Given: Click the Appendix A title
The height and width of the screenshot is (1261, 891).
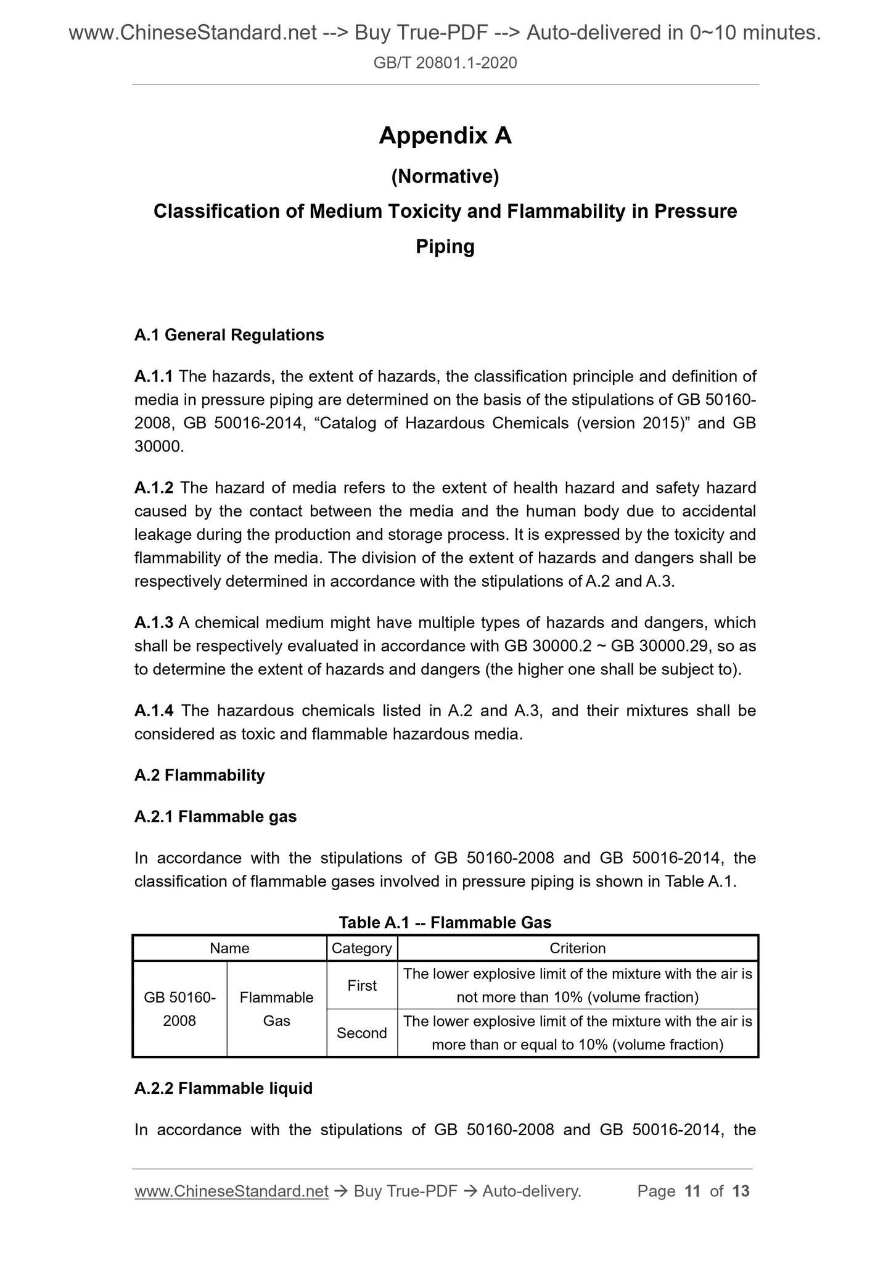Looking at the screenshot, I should pyautogui.click(x=445, y=135).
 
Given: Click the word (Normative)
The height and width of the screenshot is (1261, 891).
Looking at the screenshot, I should pyautogui.click(x=445, y=177).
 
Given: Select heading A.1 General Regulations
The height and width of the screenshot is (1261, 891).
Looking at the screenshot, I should pyautogui.click(x=229, y=335).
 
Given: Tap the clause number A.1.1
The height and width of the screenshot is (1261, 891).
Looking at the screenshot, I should pyautogui.click(x=154, y=376).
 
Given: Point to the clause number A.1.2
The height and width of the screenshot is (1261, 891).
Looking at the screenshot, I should pyautogui.click(x=154, y=488).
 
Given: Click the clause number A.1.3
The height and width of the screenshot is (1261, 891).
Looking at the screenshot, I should pyautogui.click(x=154, y=623).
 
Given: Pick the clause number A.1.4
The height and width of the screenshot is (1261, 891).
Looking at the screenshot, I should pyautogui.click(x=154, y=711).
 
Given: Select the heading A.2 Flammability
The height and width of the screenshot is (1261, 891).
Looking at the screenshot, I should pyautogui.click(x=199, y=775).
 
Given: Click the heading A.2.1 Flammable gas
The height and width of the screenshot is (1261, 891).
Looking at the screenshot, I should pyautogui.click(x=215, y=817).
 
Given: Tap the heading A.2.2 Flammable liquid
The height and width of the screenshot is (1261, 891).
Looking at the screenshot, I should pyautogui.click(x=223, y=1088).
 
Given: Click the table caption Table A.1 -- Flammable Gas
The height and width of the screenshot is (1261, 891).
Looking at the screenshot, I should pyautogui.click(x=445, y=923).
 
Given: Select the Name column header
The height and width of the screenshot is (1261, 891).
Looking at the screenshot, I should pyautogui.click(x=229, y=948).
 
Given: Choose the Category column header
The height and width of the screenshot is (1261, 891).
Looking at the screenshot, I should pyautogui.click(x=362, y=948).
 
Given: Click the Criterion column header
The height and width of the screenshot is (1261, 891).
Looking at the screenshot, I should pyautogui.click(x=578, y=948).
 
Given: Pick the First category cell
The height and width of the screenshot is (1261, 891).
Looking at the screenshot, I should pyautogui.click(x=362, y=986).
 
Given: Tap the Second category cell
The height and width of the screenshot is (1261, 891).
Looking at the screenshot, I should pyautogui.click(x=362, y=1033).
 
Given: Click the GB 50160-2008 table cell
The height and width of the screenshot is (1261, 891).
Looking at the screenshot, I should pyautogui.click(x=179, y=1009).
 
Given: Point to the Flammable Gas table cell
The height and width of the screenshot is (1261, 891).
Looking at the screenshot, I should pyautogui.click(x=276, y=1009).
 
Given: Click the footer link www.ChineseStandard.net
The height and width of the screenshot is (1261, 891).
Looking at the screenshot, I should pyautogui.click(x=231, y=1191).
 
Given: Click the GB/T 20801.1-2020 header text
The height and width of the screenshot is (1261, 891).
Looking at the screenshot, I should pyautogui.click(x=445, y=62).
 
